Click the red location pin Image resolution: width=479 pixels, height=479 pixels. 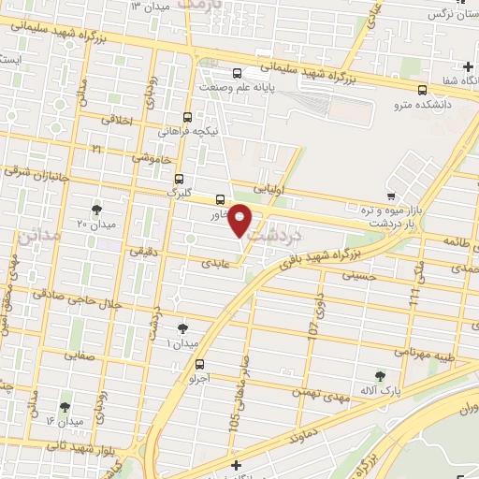tap(240, 221)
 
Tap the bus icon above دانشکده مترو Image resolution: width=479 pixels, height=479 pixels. tap(423, 91)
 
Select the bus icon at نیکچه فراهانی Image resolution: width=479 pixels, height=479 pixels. tap(189, 118)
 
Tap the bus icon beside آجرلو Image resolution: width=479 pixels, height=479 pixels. tap(199, 365)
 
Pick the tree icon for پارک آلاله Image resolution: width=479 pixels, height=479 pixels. tap(380, 376)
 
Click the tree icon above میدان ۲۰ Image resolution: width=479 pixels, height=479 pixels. tap(96, 209)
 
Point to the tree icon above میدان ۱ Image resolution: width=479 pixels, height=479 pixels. tap(181, 328)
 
